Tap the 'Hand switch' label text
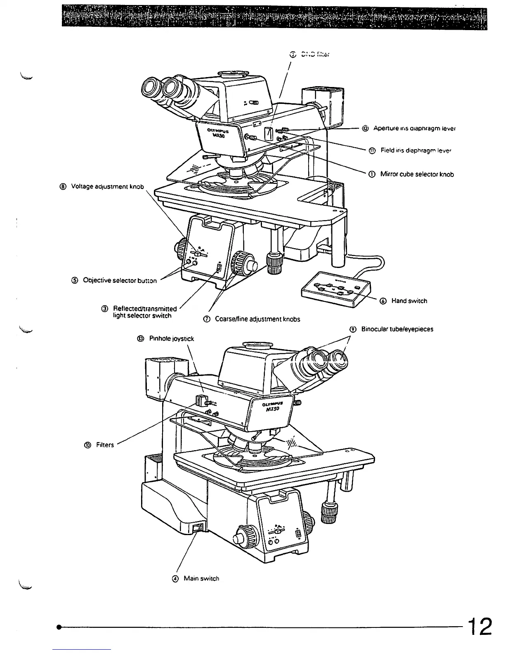click(x=409, y=301)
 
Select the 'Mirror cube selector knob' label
click(x=417, y=174)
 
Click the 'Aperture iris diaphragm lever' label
click(x=414, y=128)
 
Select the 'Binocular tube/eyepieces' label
click(x=397, y=329)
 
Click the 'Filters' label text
click(x=105, y=445)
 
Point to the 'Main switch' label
click(x=201, y=578)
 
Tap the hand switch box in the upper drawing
click(x=336, y=289)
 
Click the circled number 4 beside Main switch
click(x=175, y=579)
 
